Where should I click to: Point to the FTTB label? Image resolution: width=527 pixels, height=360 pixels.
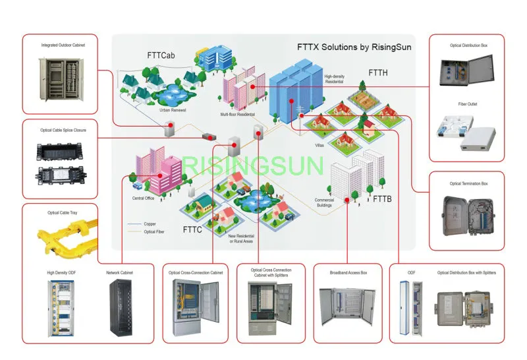tap(382, 198)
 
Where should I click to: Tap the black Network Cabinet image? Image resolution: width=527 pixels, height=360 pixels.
tap(119, 306)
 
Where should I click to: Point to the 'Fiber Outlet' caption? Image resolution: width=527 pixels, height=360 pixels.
tap(467, 104)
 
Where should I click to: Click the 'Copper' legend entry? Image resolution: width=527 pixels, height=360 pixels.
tap(150, 224)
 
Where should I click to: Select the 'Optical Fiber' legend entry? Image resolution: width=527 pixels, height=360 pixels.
tap(153, 232)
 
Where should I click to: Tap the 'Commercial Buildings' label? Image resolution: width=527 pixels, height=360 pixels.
tap(324, 202)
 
